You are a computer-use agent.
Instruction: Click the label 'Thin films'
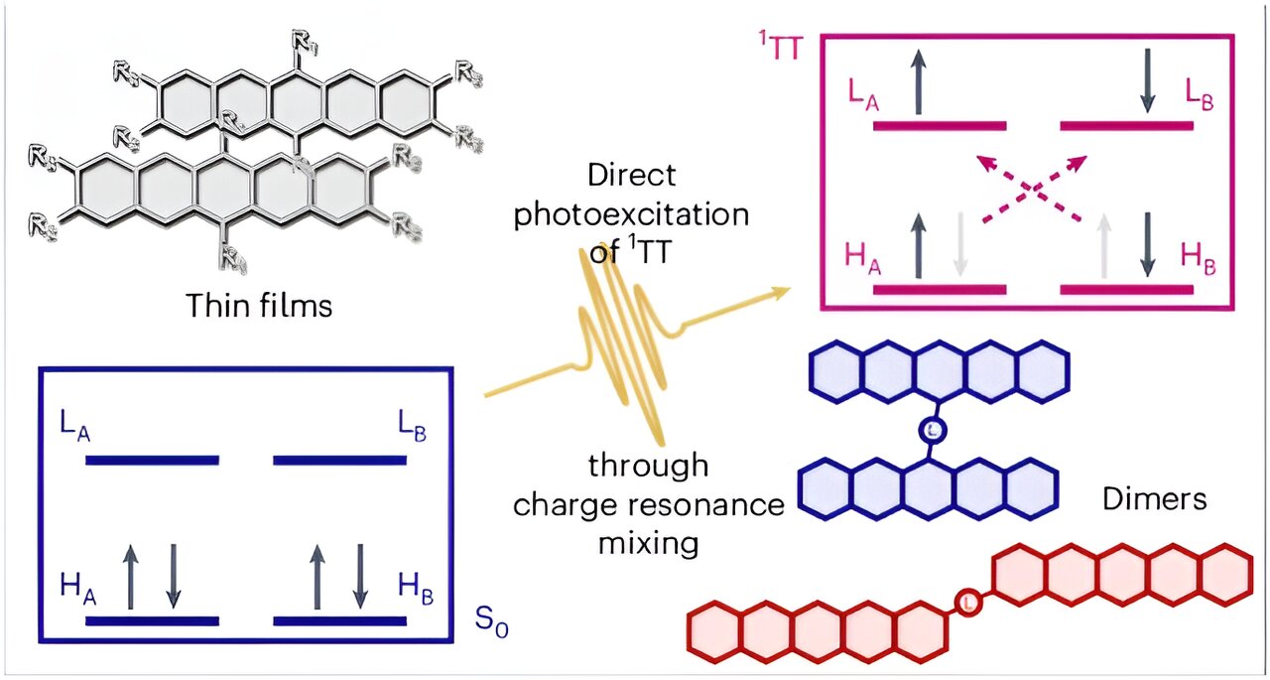(258, 305)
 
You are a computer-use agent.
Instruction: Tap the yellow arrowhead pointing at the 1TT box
(782, 291)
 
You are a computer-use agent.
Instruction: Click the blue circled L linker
(931, 430)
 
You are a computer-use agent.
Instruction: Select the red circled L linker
(971, 601)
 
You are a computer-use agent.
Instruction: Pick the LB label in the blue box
(407, 429)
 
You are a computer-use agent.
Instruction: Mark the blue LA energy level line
(152, 460)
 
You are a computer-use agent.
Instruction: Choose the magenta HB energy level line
(1126, 290)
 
